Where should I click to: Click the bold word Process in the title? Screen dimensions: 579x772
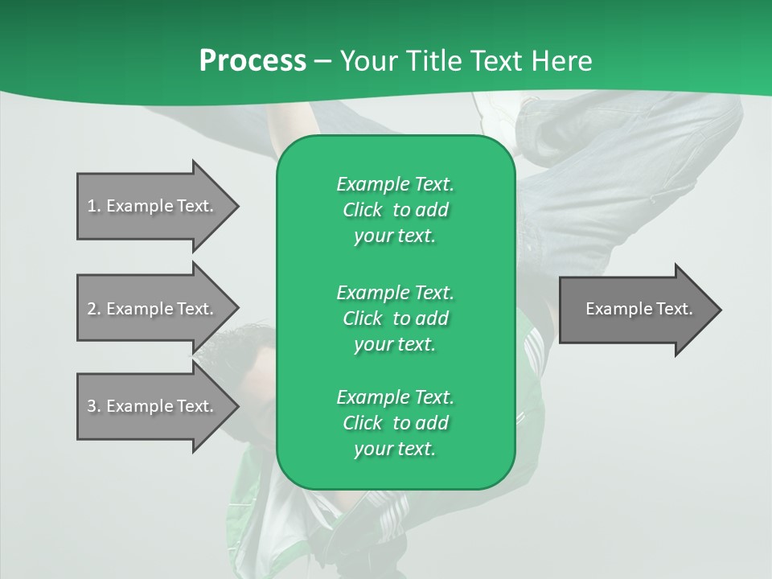tap(253, 60)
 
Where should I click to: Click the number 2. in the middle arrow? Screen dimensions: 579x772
tap(94, 309)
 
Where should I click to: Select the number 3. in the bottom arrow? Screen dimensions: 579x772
tap(94, 406)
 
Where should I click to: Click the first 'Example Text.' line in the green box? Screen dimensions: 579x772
tap(395, 184)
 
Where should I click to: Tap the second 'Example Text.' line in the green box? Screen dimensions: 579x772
tap(395, 292)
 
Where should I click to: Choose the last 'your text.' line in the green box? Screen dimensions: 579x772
tap(395, 449)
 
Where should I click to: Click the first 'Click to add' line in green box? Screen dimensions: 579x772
tap(395, 210)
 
